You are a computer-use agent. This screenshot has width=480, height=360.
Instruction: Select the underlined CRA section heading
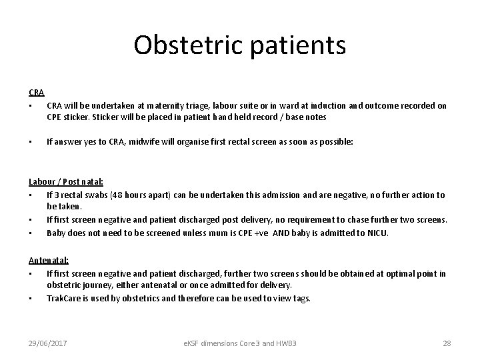[x=36, y=93]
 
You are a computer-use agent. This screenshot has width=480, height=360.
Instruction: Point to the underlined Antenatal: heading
[x=49, y=261]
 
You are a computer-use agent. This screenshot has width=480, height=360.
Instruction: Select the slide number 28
[x=447, y=343]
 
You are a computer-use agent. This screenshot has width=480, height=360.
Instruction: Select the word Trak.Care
[x=65, y=297]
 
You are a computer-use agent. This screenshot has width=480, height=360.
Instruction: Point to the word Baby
[x=57, y=233]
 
